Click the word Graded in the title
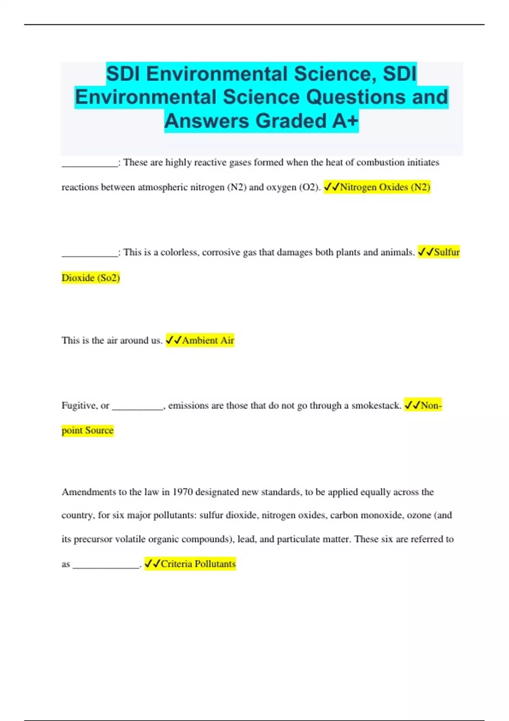click(291, 121)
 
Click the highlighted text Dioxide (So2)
click(91, 278)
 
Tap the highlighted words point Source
click(88, 430)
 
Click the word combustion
click(380, 162)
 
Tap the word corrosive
click(221, 252)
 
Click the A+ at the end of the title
click(345, 121)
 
